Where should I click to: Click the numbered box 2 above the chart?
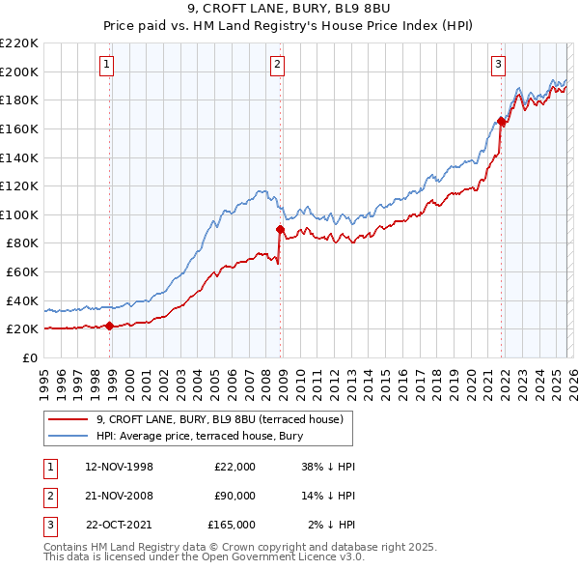pyautogui.click(x=277, y=65)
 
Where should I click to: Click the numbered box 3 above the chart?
pyautogui.click(x=498, y=65)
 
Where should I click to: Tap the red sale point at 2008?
pyautogui.click(x=280, y=229)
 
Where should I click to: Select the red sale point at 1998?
pyautogui.click(x=109, y=327)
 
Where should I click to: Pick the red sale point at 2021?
pyautogui.click(x=501, y=121)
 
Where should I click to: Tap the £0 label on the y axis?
pyautogui.click(x=29, y=357)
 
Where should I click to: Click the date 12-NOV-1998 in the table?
pyautogui.click(x=120, y=467)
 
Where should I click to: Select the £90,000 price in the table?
pyautogui.click(x=234, y=496)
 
